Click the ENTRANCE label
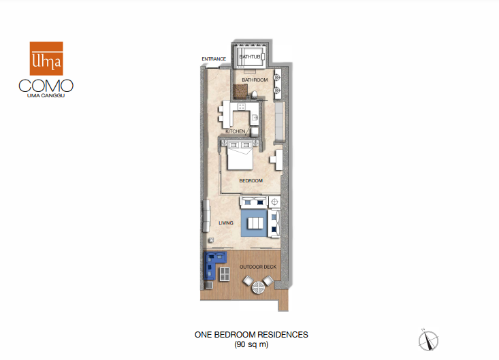[x=214, y=59]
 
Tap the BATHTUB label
[x=249, y=56]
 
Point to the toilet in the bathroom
[x=255, y=95]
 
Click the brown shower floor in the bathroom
[x=240, y=92]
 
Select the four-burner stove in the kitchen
[x=242, y=106]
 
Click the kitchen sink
[x=255, y=118]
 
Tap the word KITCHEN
[x=236, y=131]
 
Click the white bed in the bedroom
[x=240, y=156]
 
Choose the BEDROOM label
[x=251, y=180]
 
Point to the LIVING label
[x=225, y=223]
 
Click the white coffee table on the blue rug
[x=255, y=223]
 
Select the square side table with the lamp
[x=274, y=202]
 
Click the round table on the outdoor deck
[x=259, y=288]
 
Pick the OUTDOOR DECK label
[x=258, y=267]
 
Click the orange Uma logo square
[x=46, y=59]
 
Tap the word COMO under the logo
[x=46, y=86]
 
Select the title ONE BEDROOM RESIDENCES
[x=251, y=335]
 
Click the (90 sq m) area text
[x=251, y=344]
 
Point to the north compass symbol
[x=428, y=340]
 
